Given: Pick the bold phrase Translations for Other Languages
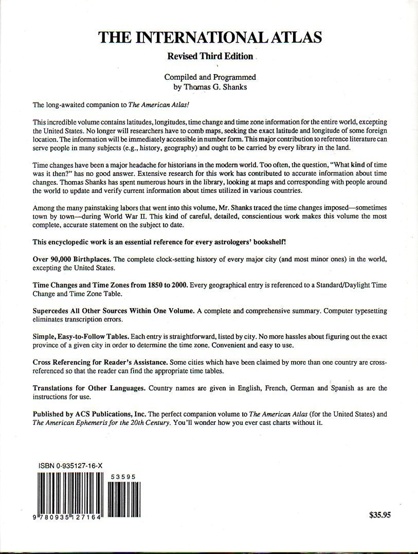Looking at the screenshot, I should (x=88, y=388).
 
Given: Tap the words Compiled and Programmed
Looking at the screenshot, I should (x=210, y=77).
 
